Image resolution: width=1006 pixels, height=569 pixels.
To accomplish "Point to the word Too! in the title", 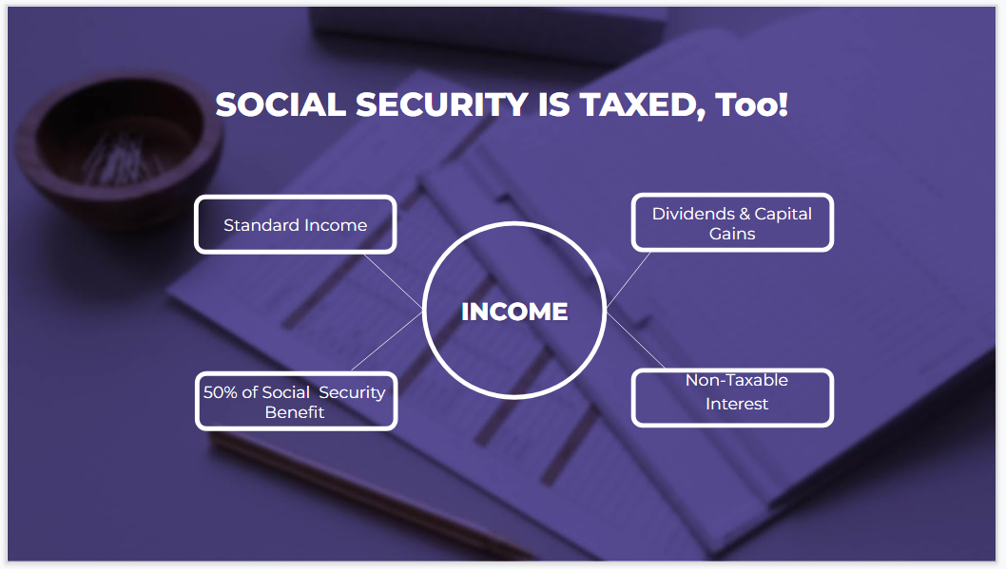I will click(752, 104).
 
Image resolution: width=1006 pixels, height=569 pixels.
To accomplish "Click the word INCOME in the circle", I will click(514, 312).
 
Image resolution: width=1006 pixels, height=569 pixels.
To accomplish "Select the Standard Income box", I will click(295, 225).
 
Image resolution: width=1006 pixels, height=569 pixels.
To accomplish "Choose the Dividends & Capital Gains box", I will click(732, 223).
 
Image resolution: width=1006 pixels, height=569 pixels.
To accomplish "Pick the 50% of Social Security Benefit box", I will click(296, 401).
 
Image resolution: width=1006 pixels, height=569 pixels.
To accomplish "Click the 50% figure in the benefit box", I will click(218, 392).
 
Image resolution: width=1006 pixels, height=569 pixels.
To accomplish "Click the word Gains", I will click(732, 234).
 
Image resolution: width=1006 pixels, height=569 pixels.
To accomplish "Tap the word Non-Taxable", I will click(737, 380).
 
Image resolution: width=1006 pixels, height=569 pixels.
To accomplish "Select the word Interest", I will click(737, 404).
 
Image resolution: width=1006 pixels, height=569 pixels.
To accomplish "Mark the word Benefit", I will click(295, 412).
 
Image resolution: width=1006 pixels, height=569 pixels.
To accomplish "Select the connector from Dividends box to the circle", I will click(629, 277).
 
